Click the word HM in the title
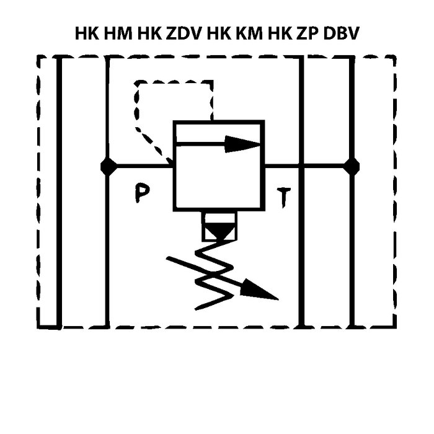pos(119,33)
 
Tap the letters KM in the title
pos(249,33)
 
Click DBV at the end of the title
pos(343,33)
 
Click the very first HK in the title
pos(87,33)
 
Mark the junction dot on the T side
pos(352,166)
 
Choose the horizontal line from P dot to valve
pos(139,166)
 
